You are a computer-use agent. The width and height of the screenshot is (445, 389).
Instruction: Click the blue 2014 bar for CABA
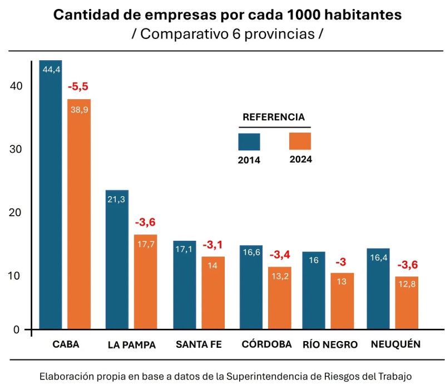coord(51,194)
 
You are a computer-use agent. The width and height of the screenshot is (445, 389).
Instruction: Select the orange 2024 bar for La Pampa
coord(145,282)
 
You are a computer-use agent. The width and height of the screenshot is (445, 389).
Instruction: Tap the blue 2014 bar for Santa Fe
coord(185,285)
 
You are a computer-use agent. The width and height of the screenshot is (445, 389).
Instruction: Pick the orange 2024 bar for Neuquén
coord(407,303)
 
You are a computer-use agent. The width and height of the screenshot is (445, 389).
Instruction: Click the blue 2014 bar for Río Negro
coord(314,290)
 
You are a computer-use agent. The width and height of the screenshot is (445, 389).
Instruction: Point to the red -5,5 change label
coord(78,86)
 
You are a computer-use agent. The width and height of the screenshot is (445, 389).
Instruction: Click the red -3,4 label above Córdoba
coord(280,255)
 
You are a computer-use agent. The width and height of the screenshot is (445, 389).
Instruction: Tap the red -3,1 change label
coord(212,245)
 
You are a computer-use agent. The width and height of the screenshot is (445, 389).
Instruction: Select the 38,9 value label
coord(80,109)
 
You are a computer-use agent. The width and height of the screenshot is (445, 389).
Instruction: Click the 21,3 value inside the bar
coord(116,200)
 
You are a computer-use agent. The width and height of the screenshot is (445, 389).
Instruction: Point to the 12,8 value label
coord(407,284)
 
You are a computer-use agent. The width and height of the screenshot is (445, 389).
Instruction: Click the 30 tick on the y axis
coord(16,149)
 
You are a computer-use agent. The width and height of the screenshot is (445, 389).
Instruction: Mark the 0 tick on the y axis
coord(17,329)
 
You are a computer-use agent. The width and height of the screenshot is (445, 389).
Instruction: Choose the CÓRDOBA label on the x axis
coord(267,344)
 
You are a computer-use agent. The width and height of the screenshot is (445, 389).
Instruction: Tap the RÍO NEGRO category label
coord(330,344)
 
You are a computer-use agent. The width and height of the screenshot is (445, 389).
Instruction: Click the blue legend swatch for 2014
coord(249,142)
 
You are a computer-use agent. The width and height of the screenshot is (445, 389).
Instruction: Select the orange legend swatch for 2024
coord(300,142)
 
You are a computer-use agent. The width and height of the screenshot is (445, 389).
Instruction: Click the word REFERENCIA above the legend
coord(274,117)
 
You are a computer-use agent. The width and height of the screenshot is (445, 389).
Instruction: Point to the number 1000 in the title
coord(303,15)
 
